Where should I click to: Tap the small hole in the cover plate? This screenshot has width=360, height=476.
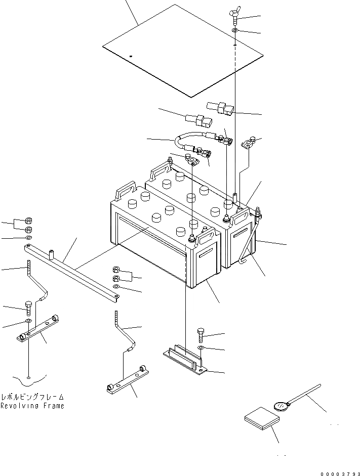[130, 56]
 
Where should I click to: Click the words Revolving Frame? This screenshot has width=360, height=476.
[32, 406]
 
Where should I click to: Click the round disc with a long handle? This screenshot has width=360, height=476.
[282, 405]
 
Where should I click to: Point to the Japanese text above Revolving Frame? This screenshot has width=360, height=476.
[32, 397]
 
